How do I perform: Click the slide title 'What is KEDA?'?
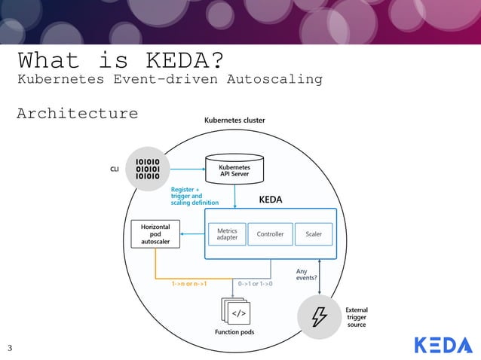click(120, 59)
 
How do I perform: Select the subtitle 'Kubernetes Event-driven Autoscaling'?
click(170, 79)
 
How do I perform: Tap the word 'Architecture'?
click(78, 114)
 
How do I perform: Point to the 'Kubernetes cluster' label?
click(234, 121)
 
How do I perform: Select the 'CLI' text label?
click(115, 169)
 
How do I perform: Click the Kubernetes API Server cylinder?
click(234, 169)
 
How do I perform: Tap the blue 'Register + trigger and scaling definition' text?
click(195, 196)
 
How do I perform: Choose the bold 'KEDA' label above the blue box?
click(271, 200)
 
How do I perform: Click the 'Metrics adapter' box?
click(227, 234)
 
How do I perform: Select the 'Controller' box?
click(270, 234)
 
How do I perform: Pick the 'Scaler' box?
click(313, 234)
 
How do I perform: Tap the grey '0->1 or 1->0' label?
click(255, 285)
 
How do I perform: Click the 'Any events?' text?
click(306, 274)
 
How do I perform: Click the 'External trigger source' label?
click(357, 317)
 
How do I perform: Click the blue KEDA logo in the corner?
click(443, 345)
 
